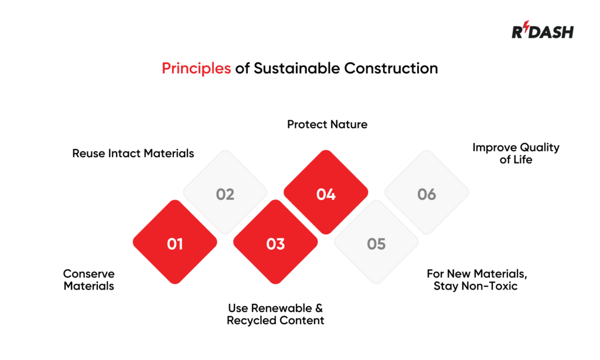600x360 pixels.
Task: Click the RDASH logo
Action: click(x=543, y=30)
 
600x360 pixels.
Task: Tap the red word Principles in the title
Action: click(x=196, y=69)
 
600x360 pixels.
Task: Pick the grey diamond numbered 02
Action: click(x=225, y=194)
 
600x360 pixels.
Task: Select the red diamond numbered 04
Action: click(x=326, y=194)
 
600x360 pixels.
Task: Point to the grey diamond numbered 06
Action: click(x=427, y=194)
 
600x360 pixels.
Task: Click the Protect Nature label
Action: click(x=327, y=124)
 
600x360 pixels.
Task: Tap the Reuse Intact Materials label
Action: click(x=133, y=154)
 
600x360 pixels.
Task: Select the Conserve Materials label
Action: click(x=88, y=280)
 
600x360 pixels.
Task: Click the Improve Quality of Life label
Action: click(x=516, y=153)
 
